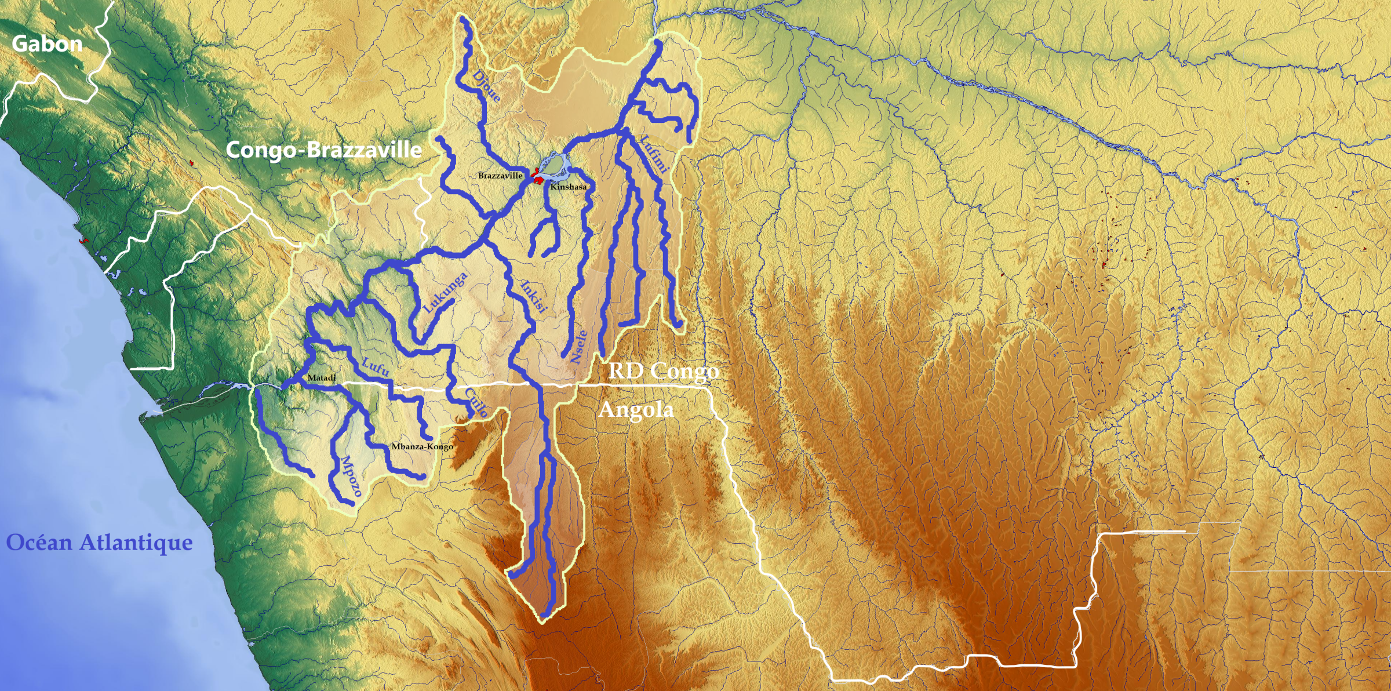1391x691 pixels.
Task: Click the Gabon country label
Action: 47,44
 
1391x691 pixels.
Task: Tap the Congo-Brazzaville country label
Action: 323,150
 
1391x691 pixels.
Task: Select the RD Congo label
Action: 664,371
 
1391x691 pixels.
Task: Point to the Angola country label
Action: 636,410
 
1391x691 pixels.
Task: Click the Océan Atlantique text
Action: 99,543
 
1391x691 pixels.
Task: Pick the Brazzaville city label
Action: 500,175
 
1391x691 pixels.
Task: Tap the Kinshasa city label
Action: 568,187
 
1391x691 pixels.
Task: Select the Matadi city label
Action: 321,378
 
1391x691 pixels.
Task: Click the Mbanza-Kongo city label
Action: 421,446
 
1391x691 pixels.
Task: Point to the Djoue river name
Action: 487,86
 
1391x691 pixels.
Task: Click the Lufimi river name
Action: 654,154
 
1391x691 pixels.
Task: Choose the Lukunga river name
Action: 446,293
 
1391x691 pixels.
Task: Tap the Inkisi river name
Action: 534,296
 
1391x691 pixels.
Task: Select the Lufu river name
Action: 375,367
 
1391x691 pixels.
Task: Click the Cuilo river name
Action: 476,402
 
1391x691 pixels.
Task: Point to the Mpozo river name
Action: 351,477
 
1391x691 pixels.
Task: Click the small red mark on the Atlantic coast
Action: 85,241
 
